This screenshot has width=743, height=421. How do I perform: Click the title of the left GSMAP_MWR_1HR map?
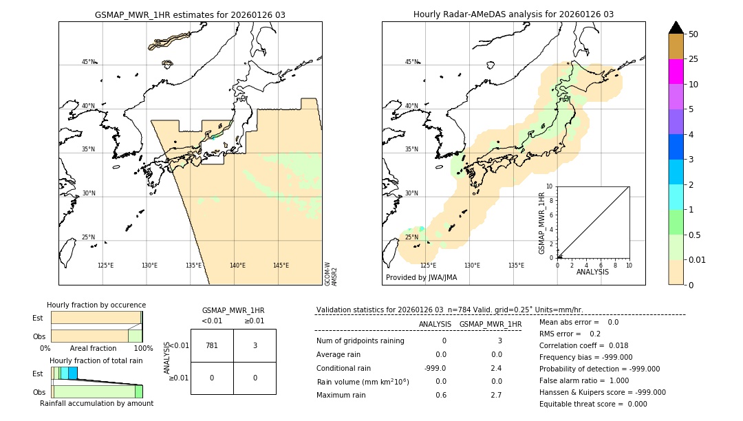pos(190,14)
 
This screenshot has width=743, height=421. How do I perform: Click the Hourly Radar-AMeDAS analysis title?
pos(513,14)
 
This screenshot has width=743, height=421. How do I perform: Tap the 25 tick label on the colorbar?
pos(693,59)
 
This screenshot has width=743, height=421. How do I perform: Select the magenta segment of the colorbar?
pos(676,72)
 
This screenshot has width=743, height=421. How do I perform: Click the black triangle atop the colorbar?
pos(676,28)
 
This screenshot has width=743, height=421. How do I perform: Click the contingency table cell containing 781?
pos(212,345)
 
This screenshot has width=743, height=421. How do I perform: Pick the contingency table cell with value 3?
pos(255,345)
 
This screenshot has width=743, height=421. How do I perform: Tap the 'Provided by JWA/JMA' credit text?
pos(421,277)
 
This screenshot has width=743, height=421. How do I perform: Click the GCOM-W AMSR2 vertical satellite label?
pos(331,273)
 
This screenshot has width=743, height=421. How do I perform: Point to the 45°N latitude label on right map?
pos(411,62)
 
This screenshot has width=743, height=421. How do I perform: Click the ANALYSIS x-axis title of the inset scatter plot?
pos(593,272)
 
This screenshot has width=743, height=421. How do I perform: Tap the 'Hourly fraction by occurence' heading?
pos(96,305)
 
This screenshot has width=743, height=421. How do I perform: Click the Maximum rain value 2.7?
pos(496,395)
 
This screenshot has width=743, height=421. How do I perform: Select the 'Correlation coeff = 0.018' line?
pos(583,345)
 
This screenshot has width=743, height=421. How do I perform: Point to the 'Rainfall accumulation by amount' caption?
pos(96,403)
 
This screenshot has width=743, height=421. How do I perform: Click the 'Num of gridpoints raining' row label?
pos(360,341)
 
